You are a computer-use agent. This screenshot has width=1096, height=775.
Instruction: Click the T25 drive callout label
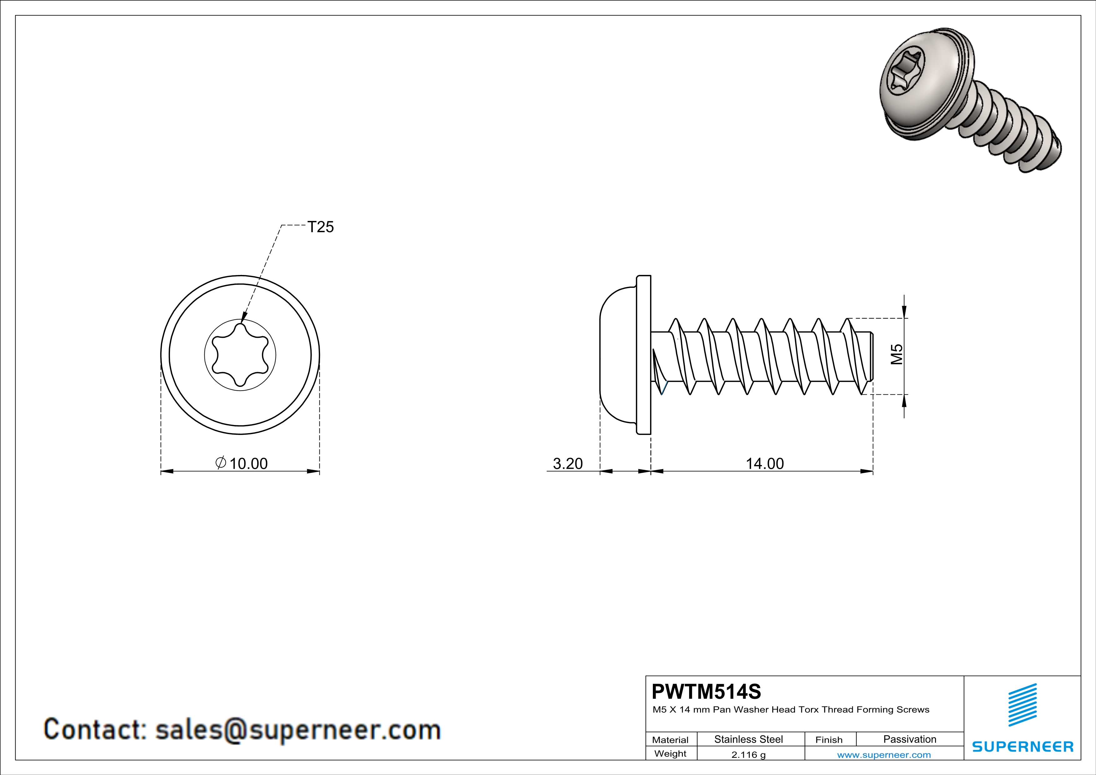(x=320, y=227)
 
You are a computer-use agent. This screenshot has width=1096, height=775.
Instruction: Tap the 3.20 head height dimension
(x=568, y=463)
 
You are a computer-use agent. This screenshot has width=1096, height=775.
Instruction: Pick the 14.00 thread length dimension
(x=765, y=463)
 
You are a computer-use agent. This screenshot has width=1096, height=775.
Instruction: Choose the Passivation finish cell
(x=909, y=739)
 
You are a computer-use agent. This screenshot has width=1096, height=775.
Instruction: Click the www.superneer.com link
(x=883, y=754)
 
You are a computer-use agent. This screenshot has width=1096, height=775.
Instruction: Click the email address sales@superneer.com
(x=298, y=730)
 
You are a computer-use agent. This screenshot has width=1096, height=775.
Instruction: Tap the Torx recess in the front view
(x=240, y=355)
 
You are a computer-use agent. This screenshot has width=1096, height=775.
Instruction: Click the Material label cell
(x=670, y=740)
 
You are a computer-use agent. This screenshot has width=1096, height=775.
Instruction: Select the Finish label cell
(x=829, y=740)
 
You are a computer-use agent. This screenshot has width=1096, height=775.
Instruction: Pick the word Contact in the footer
(x=94, y=730)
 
